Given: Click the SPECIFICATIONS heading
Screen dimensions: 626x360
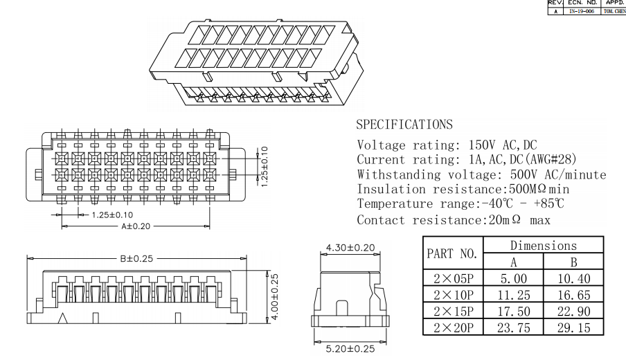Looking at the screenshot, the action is [x=404, y=125].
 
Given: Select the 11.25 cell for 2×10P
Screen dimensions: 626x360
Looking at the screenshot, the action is [x=513, y=295].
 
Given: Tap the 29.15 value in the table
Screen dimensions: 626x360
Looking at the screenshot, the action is [x=573, y=327].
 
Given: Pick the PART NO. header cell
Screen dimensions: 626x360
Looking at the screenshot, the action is [x=452, y=253].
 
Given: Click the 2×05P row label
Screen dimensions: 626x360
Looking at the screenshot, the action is [x=453, y=278].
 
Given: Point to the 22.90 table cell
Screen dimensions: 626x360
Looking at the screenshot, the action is [x=573, y=312].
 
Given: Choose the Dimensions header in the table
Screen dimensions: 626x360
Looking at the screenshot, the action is [x=544, y=245].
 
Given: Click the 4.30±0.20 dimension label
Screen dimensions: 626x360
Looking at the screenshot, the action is [x=350, y=247].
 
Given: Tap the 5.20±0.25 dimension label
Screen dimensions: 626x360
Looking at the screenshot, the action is [x=350, y=348].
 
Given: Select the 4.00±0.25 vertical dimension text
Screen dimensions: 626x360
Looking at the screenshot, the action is [x=275, y=296].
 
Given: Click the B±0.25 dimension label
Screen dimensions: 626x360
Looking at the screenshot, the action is [x=136, y=258].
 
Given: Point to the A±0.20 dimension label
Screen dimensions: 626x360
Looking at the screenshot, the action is [x=136, y=226].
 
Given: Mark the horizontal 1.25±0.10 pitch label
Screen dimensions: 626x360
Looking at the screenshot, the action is [x=112, y=215].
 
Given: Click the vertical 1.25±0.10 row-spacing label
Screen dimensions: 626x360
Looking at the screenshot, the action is [x=265, y=166].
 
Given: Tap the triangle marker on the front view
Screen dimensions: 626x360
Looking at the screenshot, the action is [x=62, y=318].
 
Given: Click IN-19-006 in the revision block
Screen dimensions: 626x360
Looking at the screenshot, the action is [x=582, y=11].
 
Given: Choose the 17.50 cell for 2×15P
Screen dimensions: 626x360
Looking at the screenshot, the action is [x=513, y=312].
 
